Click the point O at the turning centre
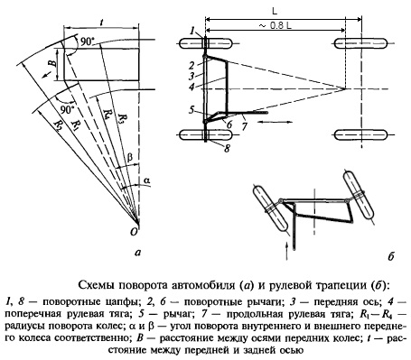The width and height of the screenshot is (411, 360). click(134, 231)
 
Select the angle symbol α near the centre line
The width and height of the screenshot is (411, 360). click(146, 180)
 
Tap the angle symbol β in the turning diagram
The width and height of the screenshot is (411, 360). click(130, 158)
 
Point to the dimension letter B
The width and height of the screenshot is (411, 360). click(52, 63)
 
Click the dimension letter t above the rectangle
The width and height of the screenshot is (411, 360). click(100, 22)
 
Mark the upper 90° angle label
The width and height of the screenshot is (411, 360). click(87, 42)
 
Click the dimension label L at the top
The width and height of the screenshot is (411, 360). click(275, 12)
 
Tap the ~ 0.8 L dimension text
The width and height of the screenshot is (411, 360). click(275, 26)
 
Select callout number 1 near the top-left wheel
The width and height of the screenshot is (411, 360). click(192, 31)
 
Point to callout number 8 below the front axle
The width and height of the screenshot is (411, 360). click(227, 148)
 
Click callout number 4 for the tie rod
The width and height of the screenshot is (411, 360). click(192, 86)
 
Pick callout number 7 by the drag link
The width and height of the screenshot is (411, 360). click(244, 126)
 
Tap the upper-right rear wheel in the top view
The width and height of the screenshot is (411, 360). click(360, 43)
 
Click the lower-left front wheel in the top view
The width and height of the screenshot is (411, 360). click(206, 135)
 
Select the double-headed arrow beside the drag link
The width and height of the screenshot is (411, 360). click(276, 122)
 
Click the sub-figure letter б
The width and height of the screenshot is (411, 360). click(391, 256)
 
